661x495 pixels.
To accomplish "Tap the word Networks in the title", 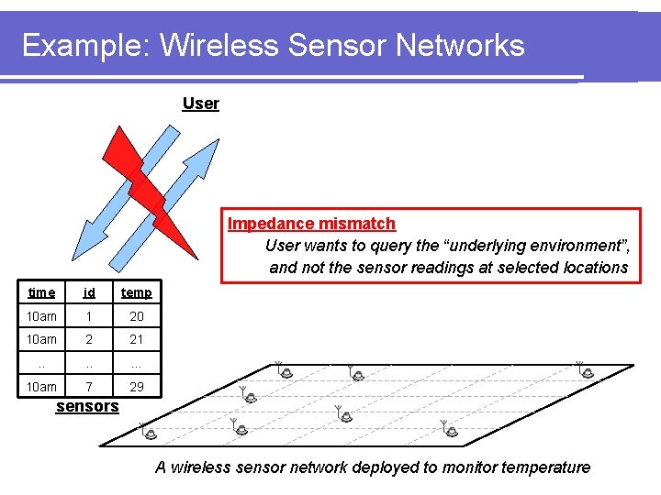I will pos(453,45).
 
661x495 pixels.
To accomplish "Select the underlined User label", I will pos(200,103).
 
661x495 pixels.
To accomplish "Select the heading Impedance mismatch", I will pos(311,224).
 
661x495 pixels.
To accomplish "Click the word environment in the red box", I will pos(561,246).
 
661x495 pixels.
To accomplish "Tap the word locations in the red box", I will pos(588,268).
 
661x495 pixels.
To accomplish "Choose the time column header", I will pos(41,292).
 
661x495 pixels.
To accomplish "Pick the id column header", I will pos(89,292).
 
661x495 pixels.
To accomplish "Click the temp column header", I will pos(136,292).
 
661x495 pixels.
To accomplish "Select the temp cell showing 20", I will pos(136,316).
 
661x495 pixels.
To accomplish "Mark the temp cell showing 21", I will pos(136,339).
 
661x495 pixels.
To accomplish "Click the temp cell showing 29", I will pos(136,387).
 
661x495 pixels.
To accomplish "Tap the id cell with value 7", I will pos(89,387).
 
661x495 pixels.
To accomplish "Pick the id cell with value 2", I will pos(89,339).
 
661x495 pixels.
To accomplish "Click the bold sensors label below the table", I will pos(87,406).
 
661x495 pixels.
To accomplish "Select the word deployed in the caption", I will pos(385,467).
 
